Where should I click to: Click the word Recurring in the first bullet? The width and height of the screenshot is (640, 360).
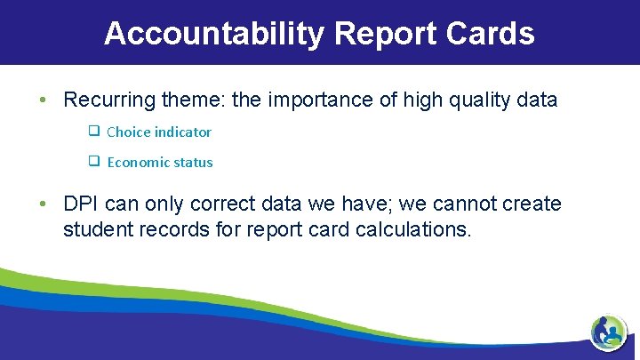point(104,100)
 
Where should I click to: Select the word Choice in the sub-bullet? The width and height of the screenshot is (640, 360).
point(128,132)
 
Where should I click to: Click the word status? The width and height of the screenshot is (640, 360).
point(195,163)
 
